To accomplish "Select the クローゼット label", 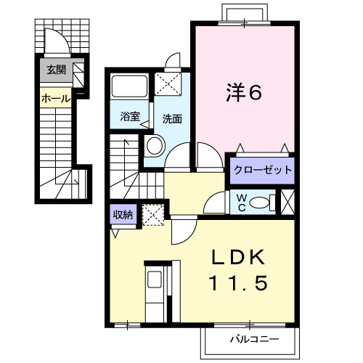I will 262,171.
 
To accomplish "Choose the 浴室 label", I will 129,115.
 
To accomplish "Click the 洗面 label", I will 172,118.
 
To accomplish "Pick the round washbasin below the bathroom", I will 155,145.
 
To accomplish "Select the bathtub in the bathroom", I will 131,87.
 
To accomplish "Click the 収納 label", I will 122,214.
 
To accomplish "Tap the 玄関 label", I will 56,70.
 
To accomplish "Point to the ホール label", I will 56,97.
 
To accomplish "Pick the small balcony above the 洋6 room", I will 243,14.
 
